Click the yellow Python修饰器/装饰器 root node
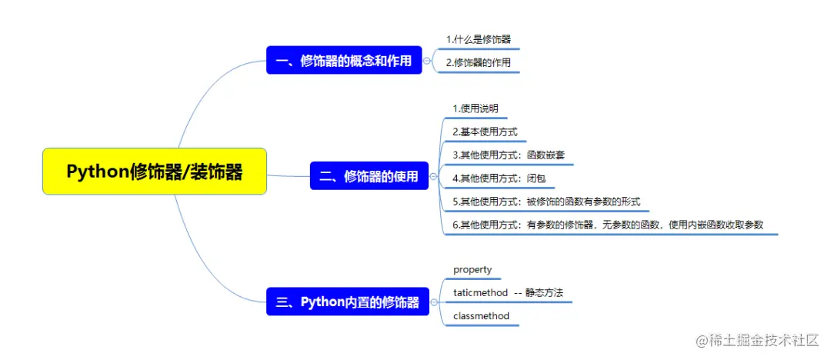(x=155, y=172)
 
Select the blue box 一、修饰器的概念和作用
(x=344, y=61)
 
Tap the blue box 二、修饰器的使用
(x=369, y=176)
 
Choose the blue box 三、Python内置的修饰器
(x=347, y=302)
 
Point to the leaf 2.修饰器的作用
(x=478, y=62)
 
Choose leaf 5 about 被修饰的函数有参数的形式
(x=546, y=202)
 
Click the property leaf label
(x=472, y=269)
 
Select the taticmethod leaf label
(x=480, y=292)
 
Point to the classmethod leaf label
(x=481, y=315)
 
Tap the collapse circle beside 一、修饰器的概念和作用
(x=427, y=61)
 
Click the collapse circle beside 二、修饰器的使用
(x=433, y=176)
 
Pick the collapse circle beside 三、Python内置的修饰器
(x=433, y=302)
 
